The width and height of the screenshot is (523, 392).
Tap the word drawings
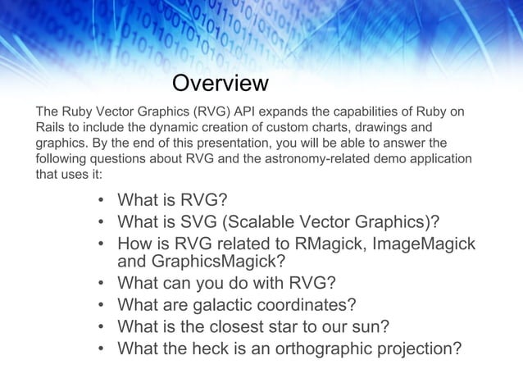click(384, 128)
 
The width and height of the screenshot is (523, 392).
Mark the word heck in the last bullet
click(215, 349)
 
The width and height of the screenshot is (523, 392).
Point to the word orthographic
click(332, 349)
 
